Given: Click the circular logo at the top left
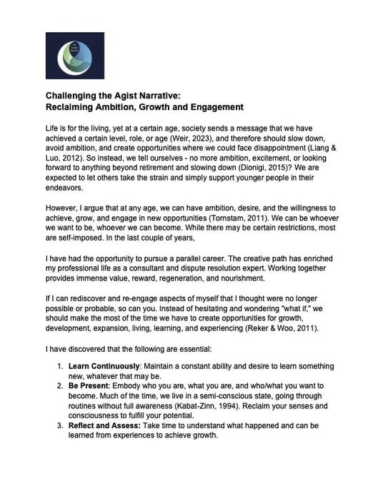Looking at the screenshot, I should (x=75, y=56).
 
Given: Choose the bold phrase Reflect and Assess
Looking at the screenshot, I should (x=104, y=426).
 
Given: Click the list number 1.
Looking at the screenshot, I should (x=61, y=366).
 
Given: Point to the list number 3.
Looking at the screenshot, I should (x=61, y=426).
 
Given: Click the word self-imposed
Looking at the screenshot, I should (x=75, y=236).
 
